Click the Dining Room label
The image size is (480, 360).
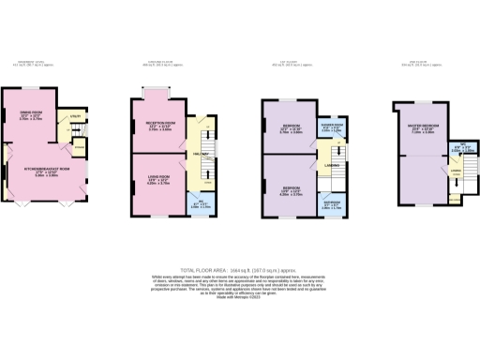click(x=31, y=115)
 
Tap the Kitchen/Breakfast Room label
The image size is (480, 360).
click(x=45, y=170)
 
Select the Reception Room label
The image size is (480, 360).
click(x=162, y=125)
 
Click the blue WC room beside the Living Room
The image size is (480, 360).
click(x=198, y=200)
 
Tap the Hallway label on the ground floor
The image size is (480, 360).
click(x=199, y=153)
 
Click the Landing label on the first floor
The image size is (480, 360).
click(x=332, y=165)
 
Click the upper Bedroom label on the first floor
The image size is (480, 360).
click(x=291, y=128)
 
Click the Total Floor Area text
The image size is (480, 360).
click(x=239, y=270)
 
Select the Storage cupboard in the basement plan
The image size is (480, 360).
click(x=79, y=147)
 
